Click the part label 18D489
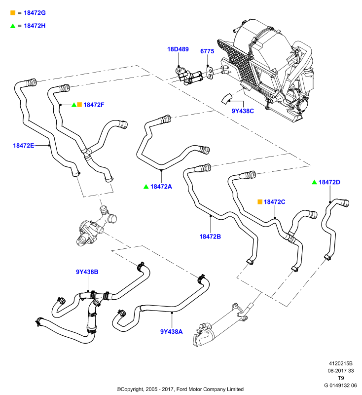(178, 49)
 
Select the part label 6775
(207, 51)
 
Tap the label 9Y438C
(243, 111)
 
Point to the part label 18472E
(23, 145)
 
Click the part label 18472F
(94, 105)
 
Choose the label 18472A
(161, 187)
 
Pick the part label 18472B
(210, 237)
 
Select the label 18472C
(274, 202)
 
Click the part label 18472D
(329, 182)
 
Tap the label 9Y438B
(87, 272)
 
